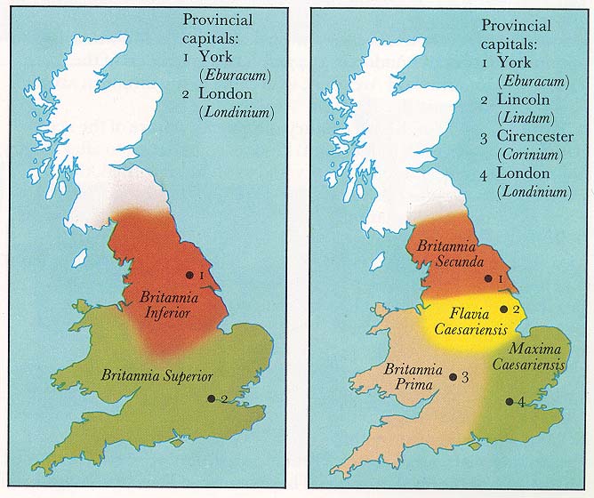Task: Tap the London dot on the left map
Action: tap(212, 398)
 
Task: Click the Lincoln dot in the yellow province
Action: tap(504, 309)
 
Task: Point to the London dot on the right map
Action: tap(509, 401)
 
